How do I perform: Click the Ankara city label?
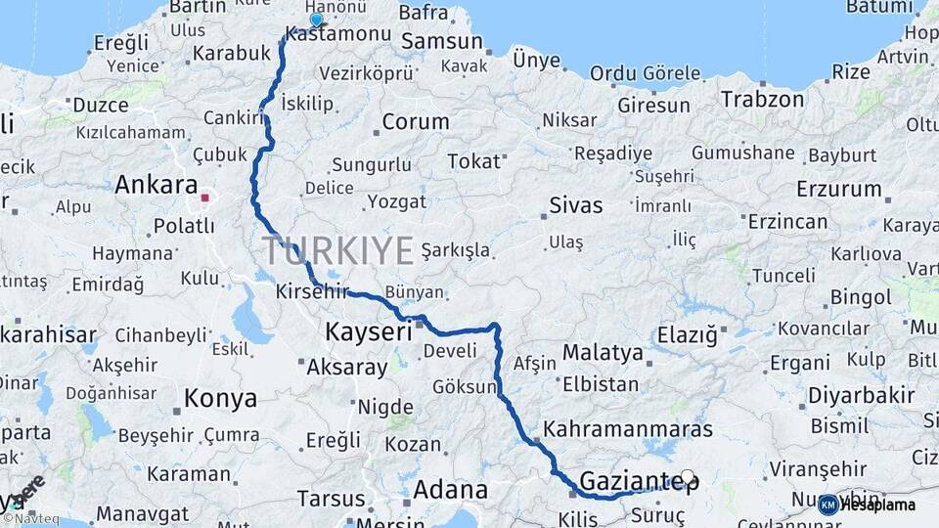coord(156,185)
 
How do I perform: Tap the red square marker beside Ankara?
coord(205,198)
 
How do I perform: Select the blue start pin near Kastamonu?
coord(316,20)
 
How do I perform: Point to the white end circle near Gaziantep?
coord(688,478)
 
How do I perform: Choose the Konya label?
coord(221,399)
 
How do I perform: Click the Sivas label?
coord(575,206)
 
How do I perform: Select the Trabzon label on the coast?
coord(763,99)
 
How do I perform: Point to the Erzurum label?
coord(838,189)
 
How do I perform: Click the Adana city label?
coord(450,489)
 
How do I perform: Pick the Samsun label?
coord(442,42)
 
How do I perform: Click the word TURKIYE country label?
coord(338,251)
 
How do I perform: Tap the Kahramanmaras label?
coord(628,429)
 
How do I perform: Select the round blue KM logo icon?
coord(827,505)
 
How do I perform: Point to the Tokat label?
coord(473,161)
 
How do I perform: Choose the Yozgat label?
coord(396,202)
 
